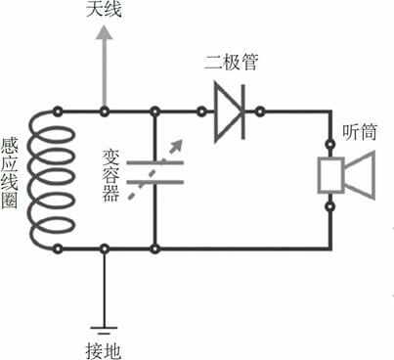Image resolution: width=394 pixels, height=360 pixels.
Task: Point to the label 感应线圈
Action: [11, 182]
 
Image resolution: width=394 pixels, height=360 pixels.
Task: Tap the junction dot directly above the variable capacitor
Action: [155, 110]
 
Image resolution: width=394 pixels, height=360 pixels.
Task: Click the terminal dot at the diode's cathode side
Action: [264, 110]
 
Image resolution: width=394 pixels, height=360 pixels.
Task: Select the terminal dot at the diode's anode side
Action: [202, 110]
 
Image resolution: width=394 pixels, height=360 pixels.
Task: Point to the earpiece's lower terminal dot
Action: [329, 203]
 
